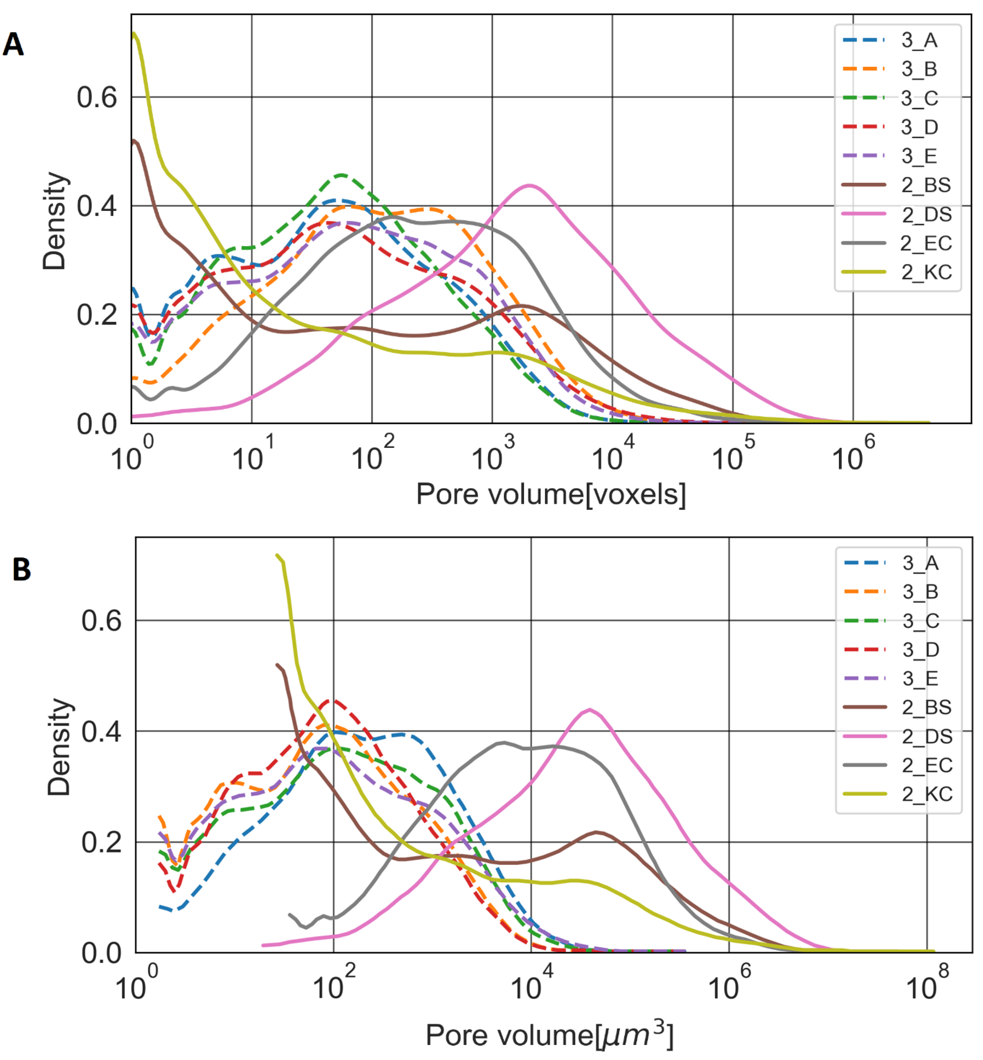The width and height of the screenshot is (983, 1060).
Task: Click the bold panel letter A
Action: point(13,44)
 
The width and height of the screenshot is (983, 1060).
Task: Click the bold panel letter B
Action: point(21,570)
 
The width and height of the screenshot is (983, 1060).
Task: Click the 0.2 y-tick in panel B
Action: point(101,843)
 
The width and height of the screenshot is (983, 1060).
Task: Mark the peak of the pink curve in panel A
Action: point(529,185)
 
